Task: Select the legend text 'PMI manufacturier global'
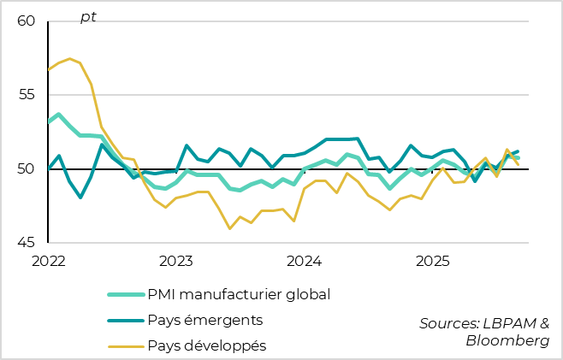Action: [x=239, y=295]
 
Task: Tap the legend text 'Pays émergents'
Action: [x=204, y=321]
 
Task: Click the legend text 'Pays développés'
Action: [x=207, y=346]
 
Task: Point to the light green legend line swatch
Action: [x=124, y=295]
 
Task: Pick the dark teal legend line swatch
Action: [x=124, y=321]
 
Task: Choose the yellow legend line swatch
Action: [x=124, y=346]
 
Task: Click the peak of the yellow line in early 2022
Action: [x=69, y=59]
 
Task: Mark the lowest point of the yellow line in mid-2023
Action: [x=230, y=228]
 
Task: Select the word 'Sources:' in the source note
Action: [x=447, y=322]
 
